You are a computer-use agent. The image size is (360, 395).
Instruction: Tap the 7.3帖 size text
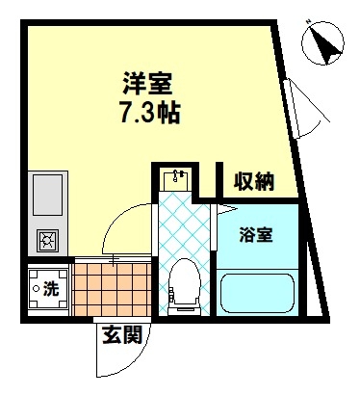(x=149, y=113)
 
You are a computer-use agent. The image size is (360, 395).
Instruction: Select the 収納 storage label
(x=254, y=181)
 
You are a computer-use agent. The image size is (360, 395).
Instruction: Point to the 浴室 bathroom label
(x=256, y=234)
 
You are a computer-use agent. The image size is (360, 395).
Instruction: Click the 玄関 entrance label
(x=122, y=334)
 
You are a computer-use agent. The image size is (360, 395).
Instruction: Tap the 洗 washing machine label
(x=51, y=288)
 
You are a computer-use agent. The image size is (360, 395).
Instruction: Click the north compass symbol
(x=322, y=42)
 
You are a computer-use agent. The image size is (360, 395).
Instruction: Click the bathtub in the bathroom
(x=257, y=293)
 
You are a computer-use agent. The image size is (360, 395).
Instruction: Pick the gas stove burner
(x=48, y=240)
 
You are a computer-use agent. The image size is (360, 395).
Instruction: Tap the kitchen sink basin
(x=48, y=195)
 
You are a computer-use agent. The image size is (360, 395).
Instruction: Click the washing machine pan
(x=48, y=288)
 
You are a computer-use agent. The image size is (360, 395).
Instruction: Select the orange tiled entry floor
(x=113, y=289)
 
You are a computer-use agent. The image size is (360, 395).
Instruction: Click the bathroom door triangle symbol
(x=226, y=209)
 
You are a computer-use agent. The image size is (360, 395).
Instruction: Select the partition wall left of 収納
(x=219, y=180)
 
